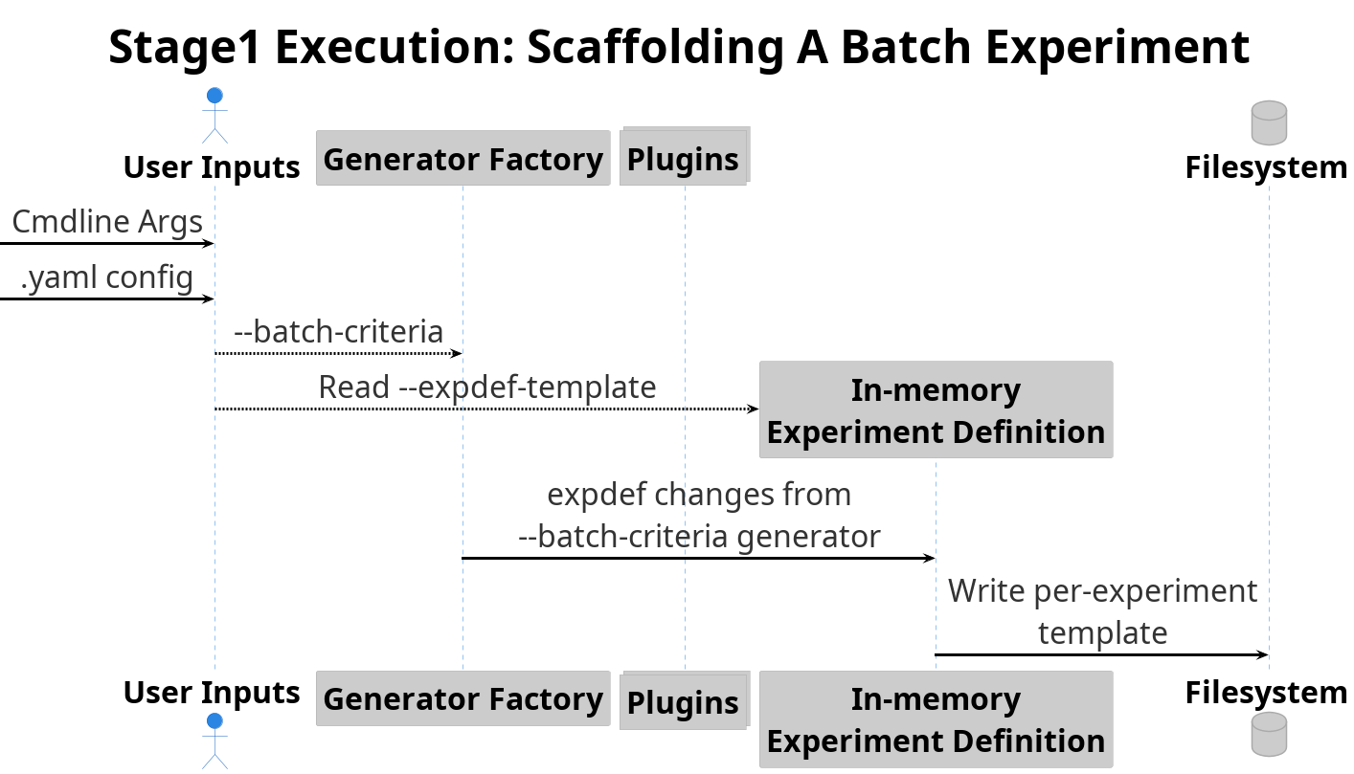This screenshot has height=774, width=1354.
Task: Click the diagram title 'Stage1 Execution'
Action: tap(311, 48)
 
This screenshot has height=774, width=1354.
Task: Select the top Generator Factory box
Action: tap(463, 158)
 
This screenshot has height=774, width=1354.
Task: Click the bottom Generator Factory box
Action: tap(463, 698)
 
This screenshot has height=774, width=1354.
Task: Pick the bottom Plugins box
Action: tap(685, 700)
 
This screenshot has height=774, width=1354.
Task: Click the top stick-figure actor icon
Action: tap(214, 116)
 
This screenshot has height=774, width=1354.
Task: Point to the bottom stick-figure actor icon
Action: tap(214, 741)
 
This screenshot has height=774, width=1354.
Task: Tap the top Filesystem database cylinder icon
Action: tap(1269, 122)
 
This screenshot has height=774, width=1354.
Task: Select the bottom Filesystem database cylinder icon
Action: tap(1269, 734)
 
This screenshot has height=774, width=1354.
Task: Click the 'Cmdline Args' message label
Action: tap(107, 222)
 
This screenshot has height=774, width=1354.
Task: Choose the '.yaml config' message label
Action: tap(107, 277)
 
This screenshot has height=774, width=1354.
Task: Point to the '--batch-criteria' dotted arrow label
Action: tap(339, 332)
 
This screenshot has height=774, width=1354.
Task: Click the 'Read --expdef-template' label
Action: tap(487, 387)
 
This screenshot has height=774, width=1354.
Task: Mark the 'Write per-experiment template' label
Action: tap(1102, 611)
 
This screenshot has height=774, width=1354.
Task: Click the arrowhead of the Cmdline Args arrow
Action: tap(209, 243)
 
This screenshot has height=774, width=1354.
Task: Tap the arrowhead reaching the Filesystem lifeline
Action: tap(1262, 654)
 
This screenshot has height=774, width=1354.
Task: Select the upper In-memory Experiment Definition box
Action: tap(936, 409)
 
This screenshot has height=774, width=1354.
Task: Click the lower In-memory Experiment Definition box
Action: tap(936, 719)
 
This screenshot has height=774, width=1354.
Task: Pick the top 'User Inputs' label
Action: tap(212, 167)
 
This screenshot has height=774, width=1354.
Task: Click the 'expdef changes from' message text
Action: tap(699, 495)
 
